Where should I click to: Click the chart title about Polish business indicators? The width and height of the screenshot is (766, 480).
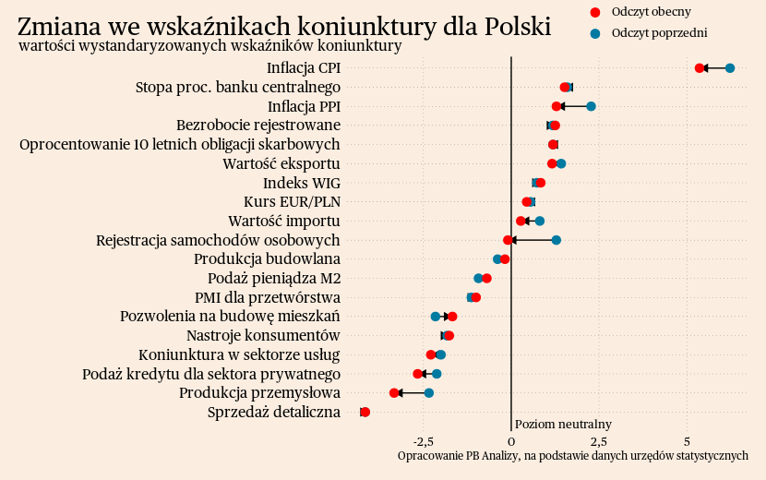284,26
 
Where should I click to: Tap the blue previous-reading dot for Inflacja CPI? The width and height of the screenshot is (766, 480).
730,68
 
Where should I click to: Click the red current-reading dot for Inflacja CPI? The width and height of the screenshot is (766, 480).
700,68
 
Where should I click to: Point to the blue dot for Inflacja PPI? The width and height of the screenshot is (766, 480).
592,106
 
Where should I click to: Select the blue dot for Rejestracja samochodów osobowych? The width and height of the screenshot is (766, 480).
557,240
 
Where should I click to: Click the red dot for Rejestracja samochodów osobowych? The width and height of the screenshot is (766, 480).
509,240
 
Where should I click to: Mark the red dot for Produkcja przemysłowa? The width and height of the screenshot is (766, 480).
394,393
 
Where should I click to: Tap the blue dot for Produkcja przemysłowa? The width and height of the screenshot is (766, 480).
429,393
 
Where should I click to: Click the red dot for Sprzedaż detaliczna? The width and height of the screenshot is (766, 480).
365,412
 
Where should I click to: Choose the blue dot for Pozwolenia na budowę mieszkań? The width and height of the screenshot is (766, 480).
436,317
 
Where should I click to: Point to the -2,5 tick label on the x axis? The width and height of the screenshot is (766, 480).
424,440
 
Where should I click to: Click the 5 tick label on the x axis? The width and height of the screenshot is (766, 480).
687,440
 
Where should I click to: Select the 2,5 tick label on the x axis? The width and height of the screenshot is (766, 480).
599,440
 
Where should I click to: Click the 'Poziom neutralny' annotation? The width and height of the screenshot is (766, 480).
563,424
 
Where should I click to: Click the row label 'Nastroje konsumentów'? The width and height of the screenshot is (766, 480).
263,335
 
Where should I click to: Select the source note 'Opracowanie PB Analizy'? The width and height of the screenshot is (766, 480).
572,456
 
